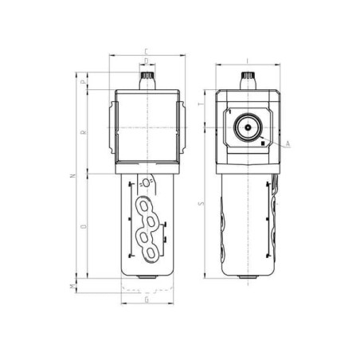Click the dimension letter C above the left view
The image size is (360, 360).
pos(147,51)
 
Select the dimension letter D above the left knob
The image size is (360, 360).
pos(147,60)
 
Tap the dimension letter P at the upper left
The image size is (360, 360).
pos(83,80)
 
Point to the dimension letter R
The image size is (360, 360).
pos(83,131)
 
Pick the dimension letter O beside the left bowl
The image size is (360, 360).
pos(83,227)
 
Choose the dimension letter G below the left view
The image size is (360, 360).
pos(147,302)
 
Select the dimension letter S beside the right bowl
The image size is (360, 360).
pos(201,203)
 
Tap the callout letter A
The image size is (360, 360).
pos(288,143)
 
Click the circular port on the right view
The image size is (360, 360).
pos(247,127)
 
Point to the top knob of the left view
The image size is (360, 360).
pos(147,80)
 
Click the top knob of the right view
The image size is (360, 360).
pos(247,80)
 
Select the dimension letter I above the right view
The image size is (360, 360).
pos(247,60)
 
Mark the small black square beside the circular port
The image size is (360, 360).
pos(262,143)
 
